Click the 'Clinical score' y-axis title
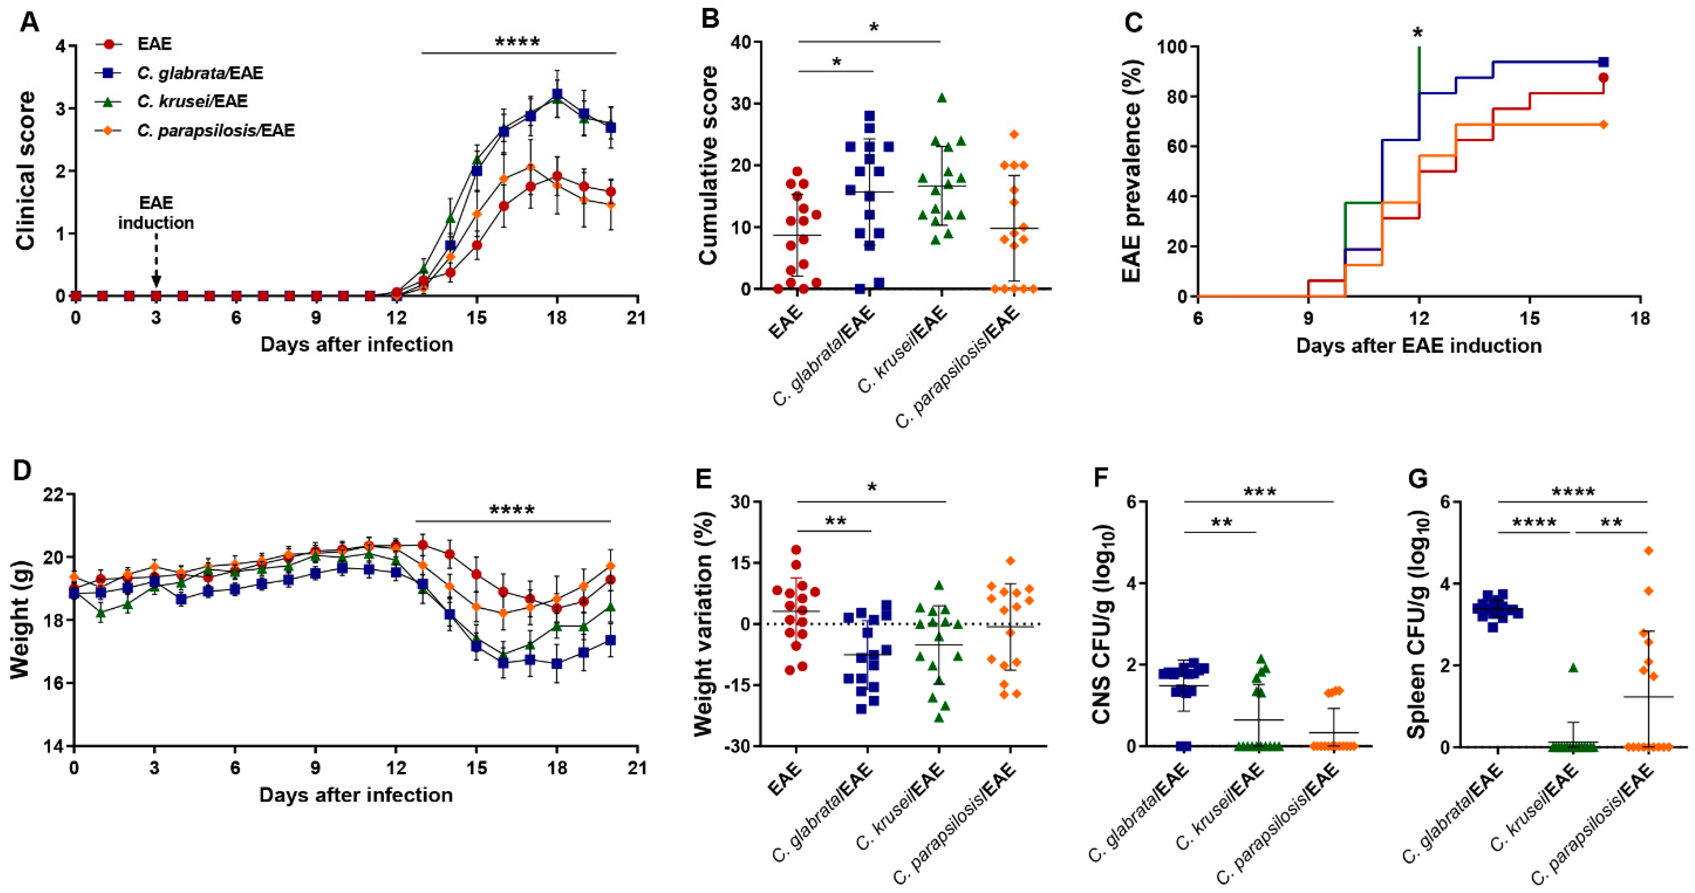26,171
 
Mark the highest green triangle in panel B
942,98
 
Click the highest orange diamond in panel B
1014,134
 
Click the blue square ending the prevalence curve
1603,62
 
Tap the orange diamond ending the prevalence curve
1603,124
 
